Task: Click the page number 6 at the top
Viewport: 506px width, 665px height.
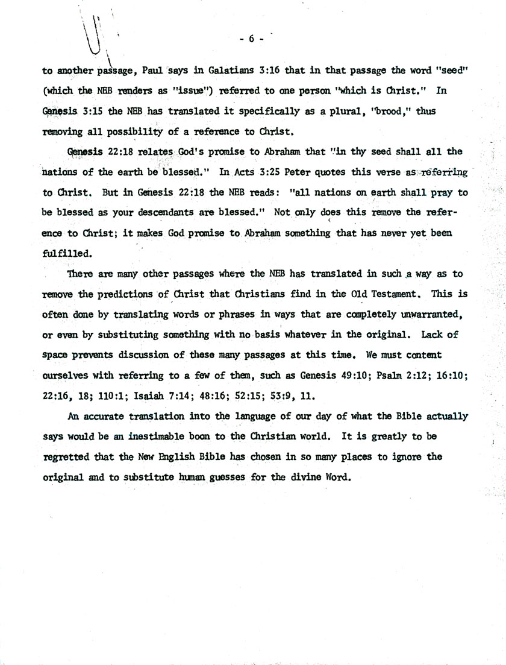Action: (x=252, y=39)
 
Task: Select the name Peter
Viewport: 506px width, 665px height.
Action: (x=298, y=172)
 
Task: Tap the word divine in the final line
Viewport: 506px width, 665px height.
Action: (x=303, y=477)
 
